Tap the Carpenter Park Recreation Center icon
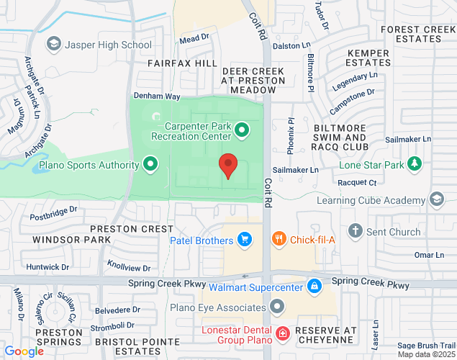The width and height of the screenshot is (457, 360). point(243,130)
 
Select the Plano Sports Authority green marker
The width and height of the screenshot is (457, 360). point(150,165)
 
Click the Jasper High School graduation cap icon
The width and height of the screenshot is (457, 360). point(53,45)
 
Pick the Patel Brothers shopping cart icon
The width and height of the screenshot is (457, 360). point(245,239)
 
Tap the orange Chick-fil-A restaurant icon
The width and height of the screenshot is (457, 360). point(279,239)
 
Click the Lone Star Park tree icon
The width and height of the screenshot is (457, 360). point(415,163)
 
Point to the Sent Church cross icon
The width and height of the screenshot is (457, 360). point(354,232)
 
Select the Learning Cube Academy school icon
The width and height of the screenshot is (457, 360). point(436,199)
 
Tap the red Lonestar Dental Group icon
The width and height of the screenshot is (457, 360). point(283,333)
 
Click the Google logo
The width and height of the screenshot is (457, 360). point(24,351)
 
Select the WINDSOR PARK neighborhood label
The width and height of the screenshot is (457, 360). point(71,238)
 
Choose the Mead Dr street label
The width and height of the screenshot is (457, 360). point(194,38)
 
